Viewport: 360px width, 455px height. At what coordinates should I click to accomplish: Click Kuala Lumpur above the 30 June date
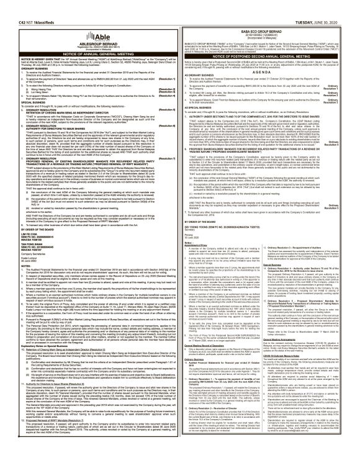click(15, 244)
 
